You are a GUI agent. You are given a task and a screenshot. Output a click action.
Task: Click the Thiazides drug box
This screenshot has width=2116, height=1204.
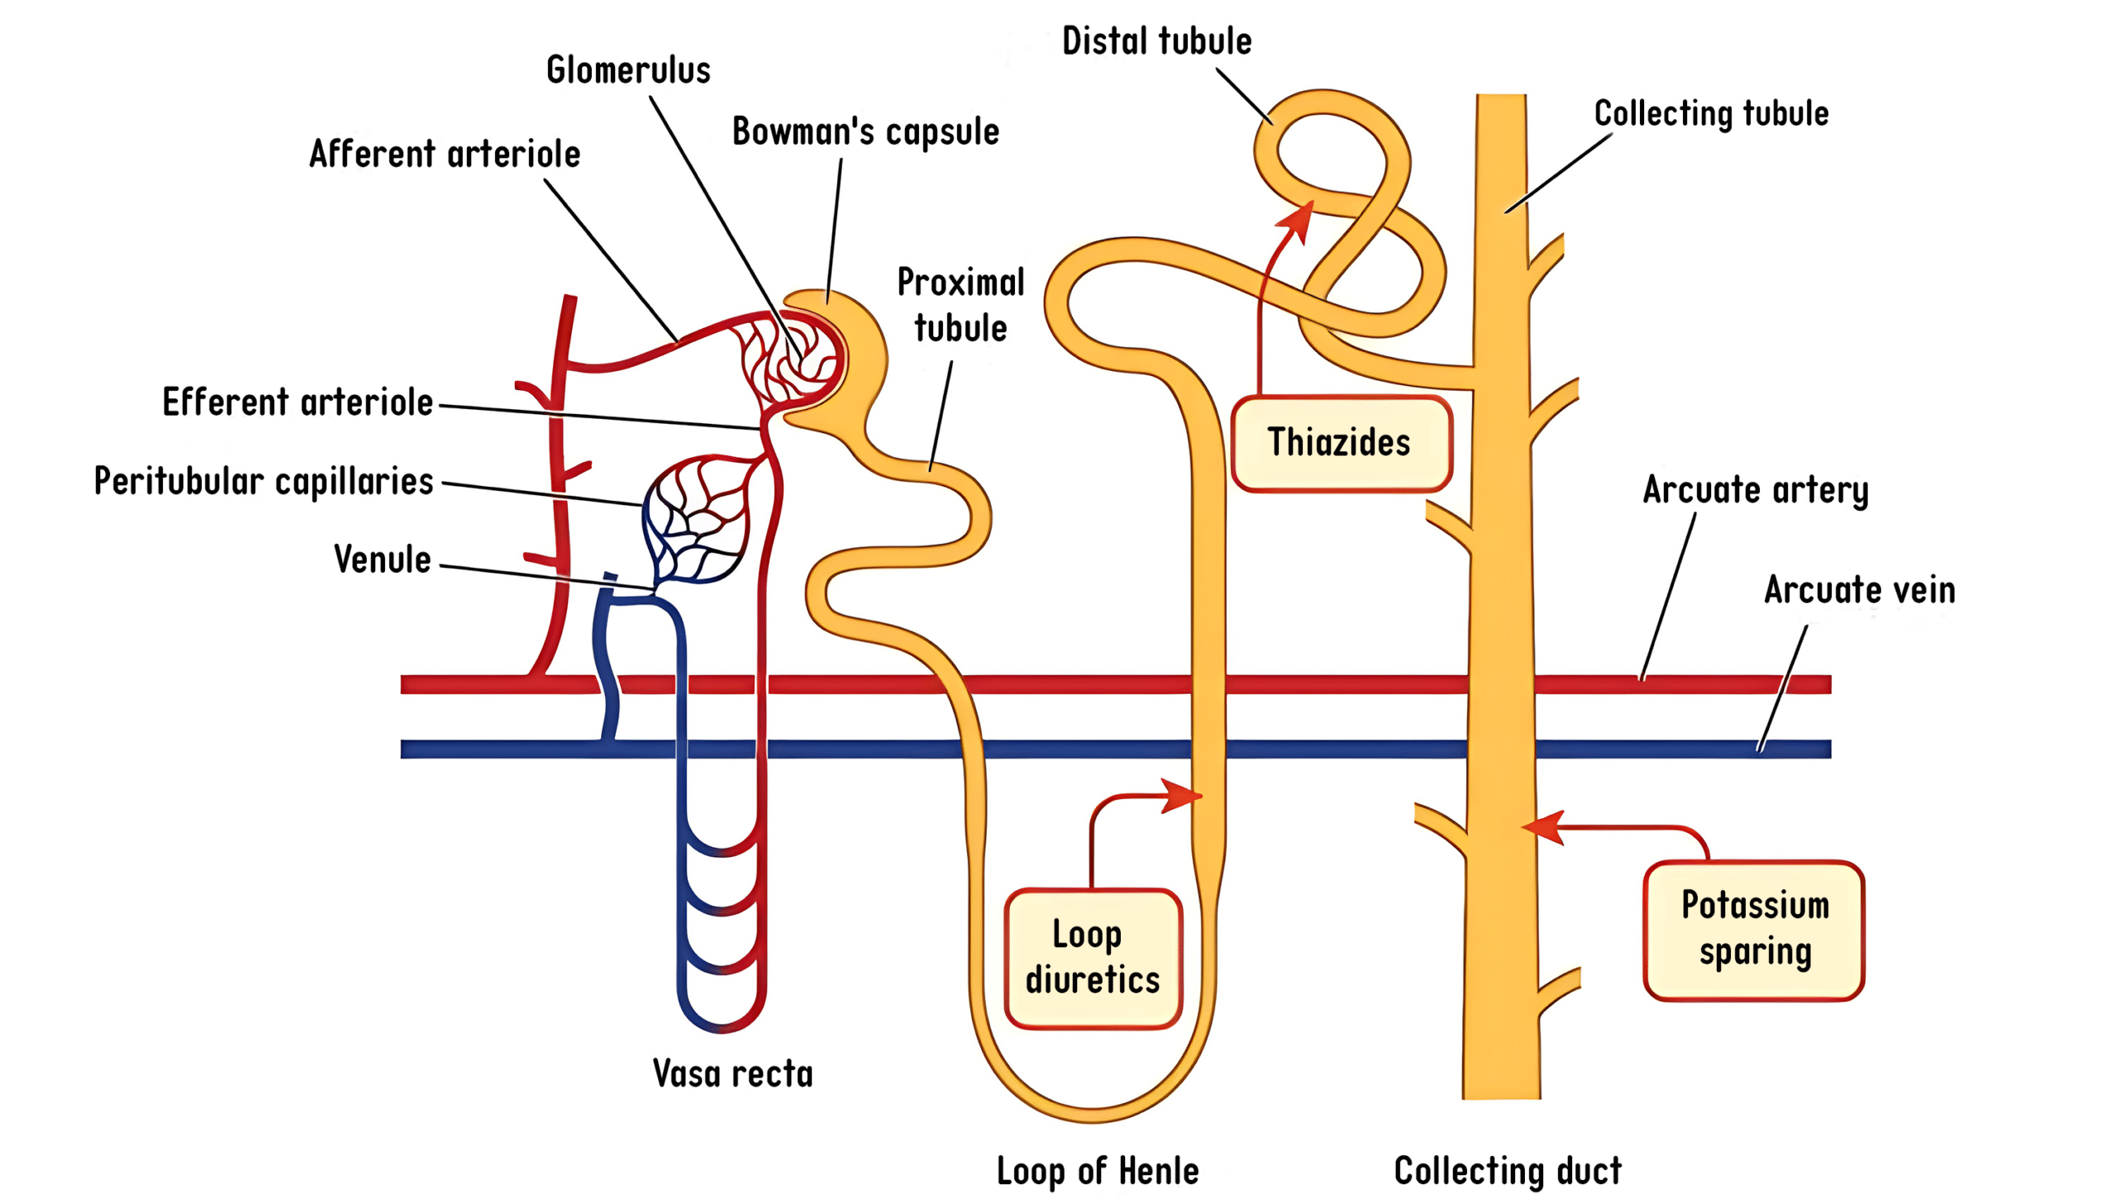[x=1341, y=443]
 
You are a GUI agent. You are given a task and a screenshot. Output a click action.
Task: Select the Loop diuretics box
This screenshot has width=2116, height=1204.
[x=1093, y=958]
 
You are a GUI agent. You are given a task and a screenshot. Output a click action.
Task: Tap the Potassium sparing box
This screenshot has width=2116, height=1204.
[x=1754, y=930]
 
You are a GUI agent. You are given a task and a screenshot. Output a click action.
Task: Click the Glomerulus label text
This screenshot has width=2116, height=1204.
[x=628, y=70]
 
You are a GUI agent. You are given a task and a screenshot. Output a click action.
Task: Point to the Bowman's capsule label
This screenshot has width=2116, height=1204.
[x=865, y=131]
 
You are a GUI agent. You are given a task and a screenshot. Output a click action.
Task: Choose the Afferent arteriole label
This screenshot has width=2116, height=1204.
[x=445, y=154]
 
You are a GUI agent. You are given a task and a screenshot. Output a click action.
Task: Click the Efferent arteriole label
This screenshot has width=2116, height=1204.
[x=298, y=402]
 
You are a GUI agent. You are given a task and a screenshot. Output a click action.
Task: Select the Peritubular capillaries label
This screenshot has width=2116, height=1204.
[x=264, y=481]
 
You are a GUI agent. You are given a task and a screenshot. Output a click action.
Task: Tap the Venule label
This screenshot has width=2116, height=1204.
[x=382, y=559]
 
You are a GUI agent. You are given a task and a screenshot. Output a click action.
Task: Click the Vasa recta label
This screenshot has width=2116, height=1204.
[x=732, y=1074]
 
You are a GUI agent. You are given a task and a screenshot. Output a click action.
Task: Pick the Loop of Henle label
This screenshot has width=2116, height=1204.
[x=1098, y=1172]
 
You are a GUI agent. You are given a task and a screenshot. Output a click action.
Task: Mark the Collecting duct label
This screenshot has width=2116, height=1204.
[x=1508, y=1172]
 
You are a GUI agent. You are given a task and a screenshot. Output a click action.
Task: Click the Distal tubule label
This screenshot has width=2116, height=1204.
[x=1156, y=41]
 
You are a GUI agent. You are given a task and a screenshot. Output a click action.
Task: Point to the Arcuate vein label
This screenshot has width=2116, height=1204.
[x=1860, y=590]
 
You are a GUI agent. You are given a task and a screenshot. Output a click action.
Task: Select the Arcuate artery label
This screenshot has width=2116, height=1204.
[x=1755, y=489]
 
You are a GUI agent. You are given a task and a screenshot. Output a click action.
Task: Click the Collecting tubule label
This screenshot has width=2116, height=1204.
[x=1711, y=113]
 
